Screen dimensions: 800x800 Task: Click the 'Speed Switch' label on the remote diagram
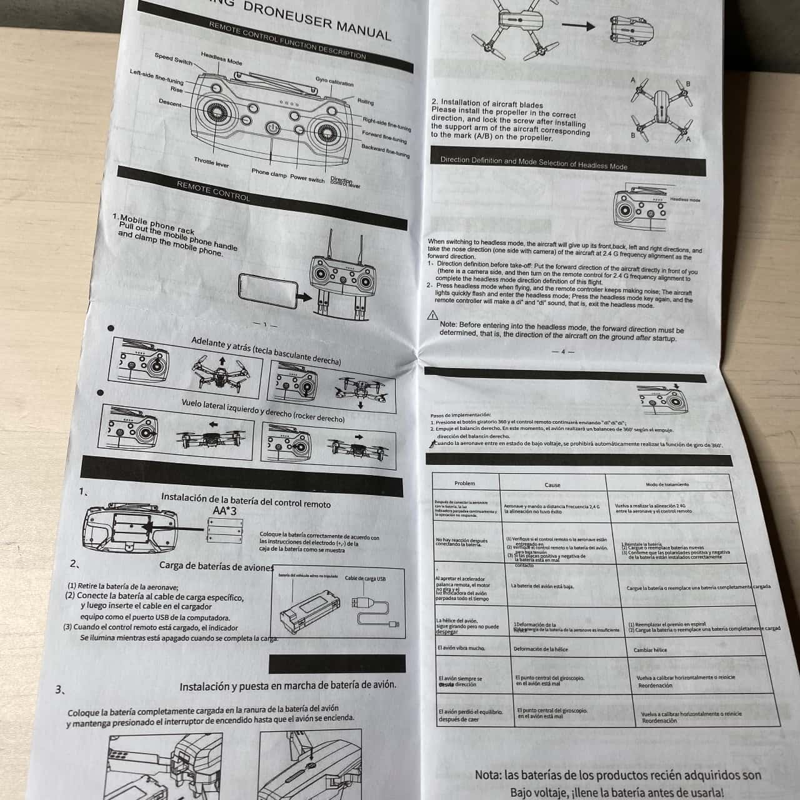pyautogui.click(x=173, y=59)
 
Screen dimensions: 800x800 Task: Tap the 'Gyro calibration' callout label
pyautogui.click(x=334, y=82)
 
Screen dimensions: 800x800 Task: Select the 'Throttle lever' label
pyautogui.click(x=211, y=163)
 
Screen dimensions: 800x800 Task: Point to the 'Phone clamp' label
pyautogui.click(x=269, y=173)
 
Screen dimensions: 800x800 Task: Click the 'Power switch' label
pyautogui.click(x=307, y=179)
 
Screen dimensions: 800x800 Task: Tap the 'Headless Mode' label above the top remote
pyautogui.click(x=221, y=59)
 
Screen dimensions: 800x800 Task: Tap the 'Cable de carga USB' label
pyautogui.click(x=365, y=579)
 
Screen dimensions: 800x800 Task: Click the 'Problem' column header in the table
pyautogui.click(x=464, y=483)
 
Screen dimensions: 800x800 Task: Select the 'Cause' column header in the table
pyautogui.click(x=552, y=484)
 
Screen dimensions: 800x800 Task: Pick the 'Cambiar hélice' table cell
pyautogui.click(x=650, y=650)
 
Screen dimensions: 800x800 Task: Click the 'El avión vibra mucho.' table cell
pyautogui.click(x=461, y=648)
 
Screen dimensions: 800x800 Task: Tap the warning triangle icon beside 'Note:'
pyautogui.click(x=432, y=316)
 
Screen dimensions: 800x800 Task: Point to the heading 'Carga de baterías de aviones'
pyautogui.click(x=216, y=566)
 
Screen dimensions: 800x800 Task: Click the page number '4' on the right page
pyautogui.click(x=562, y=352)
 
